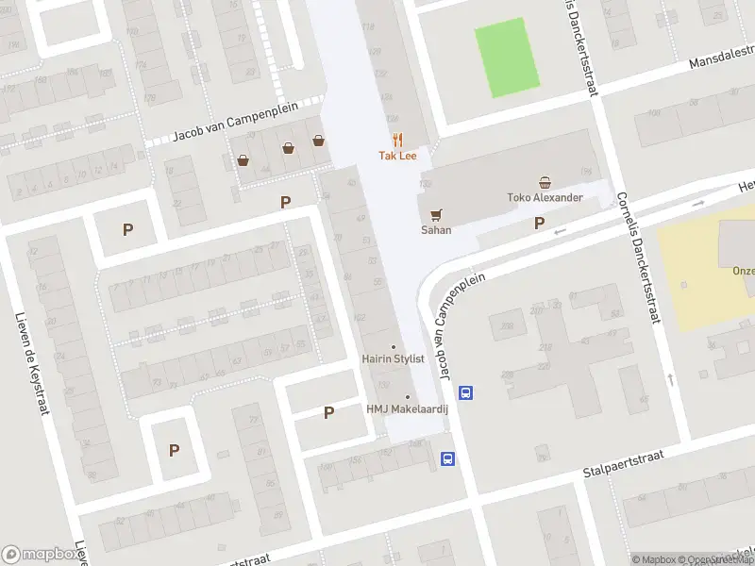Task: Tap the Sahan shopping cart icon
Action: point(435,214)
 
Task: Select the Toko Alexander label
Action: point(545,198)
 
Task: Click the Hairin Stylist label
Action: point(394,359)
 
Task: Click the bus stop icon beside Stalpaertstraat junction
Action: point(448,459)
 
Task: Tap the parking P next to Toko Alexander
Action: point(540,224)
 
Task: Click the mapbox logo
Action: point(41,555)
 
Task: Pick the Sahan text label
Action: point(436,230)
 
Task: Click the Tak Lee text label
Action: point(397,156)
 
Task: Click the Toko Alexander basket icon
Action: point(545,182)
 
